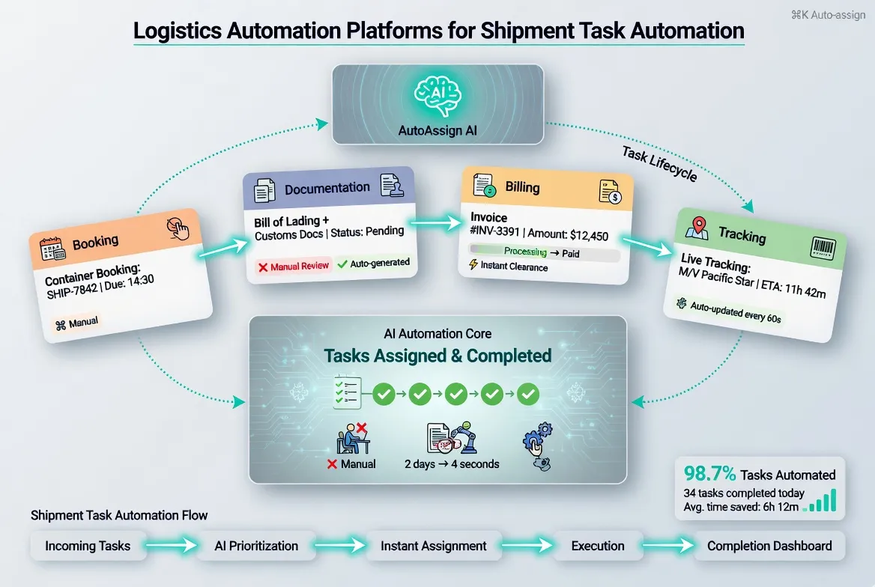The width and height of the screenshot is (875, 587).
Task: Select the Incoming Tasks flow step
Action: point(88,546)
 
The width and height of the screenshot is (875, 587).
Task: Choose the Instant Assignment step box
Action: point(434,546)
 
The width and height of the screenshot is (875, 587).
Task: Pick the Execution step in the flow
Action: point(598,546)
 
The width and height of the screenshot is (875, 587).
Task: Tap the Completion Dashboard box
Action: point(769,546)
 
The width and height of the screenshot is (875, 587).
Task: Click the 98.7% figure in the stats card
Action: point(709,474)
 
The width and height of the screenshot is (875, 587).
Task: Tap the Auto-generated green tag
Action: point(374,263)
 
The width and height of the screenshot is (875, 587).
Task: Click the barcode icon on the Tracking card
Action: point(821,249)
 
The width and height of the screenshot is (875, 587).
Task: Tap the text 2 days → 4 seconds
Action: point(452,463)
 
